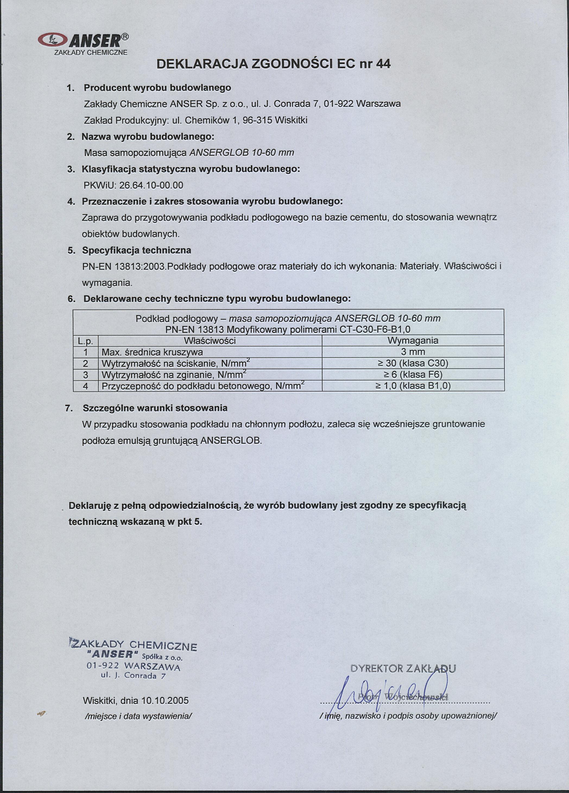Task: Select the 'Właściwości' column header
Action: (210, 341)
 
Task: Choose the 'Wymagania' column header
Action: (413, 341)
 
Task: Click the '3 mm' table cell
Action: (413, 352)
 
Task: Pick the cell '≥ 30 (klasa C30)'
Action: (413, 363)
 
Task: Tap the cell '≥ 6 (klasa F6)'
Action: (413, 375)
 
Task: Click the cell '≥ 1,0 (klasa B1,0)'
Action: (413, 386)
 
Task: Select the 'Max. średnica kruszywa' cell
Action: (152, 352)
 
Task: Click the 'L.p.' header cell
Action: (85, 341)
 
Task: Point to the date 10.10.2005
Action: (165, 701)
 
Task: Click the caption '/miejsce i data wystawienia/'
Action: (138, 716)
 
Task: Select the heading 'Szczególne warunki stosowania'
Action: (155, 408)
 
